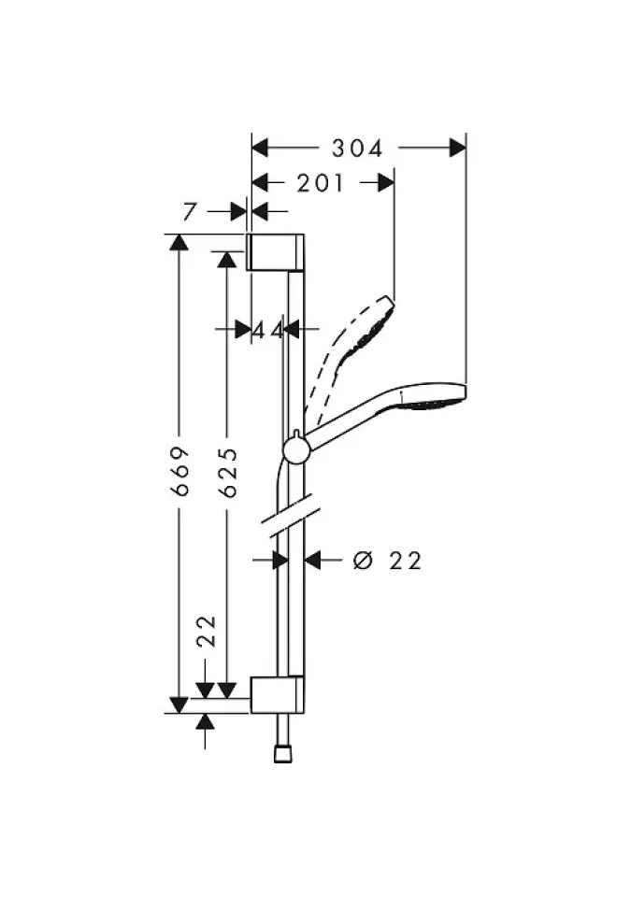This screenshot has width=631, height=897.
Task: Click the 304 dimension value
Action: click(358, 149)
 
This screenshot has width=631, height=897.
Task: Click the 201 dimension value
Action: click(321, 184)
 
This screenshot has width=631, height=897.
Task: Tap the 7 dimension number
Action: click(191, 212)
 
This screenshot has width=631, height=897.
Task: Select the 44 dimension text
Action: click(267, 329)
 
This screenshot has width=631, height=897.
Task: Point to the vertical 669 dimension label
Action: click(181, 471)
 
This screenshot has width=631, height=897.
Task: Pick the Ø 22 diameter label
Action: click(387, 561)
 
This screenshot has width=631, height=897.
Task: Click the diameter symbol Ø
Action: click(363, 561)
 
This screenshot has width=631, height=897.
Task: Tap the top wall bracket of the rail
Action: click(275, 251)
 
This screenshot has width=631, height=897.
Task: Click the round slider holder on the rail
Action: click(295, 450)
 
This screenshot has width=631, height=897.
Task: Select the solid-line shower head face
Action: click(432, 401)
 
